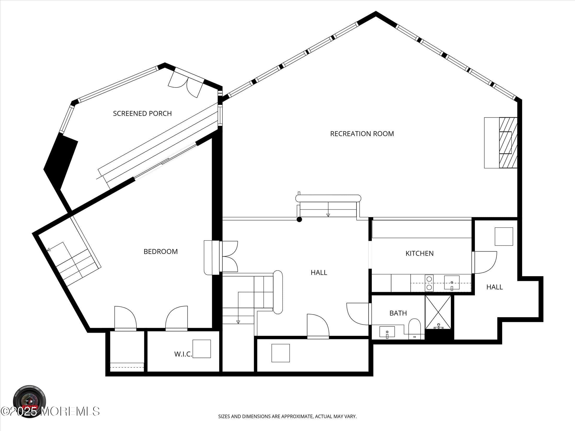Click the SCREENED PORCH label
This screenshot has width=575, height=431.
(x=142, y=113)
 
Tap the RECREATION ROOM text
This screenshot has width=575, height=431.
(x=362, y=134)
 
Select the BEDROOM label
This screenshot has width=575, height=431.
(x=160, y=252)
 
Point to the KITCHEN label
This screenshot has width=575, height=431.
(x=419, y=253)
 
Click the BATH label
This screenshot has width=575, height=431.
(x=398, y=313)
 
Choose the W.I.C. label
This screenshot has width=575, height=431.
(x=183, y=354)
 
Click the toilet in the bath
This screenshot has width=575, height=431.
(x=415, y=328)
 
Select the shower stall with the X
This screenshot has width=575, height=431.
(x=438, y=312)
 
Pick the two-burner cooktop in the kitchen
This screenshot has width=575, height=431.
(x=429, y=283)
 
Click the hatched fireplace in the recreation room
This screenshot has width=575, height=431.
(x=508, y=143)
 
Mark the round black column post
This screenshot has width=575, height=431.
(x=300, y=219)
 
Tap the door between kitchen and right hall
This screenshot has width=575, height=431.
(x=485, y=262)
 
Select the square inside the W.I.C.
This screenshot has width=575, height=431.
(x=202, y=349)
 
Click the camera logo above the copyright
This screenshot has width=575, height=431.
(x=30, y=400)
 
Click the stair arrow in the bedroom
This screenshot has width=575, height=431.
(x=49, y=249)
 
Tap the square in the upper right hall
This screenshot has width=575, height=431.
(x=504, y=236)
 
